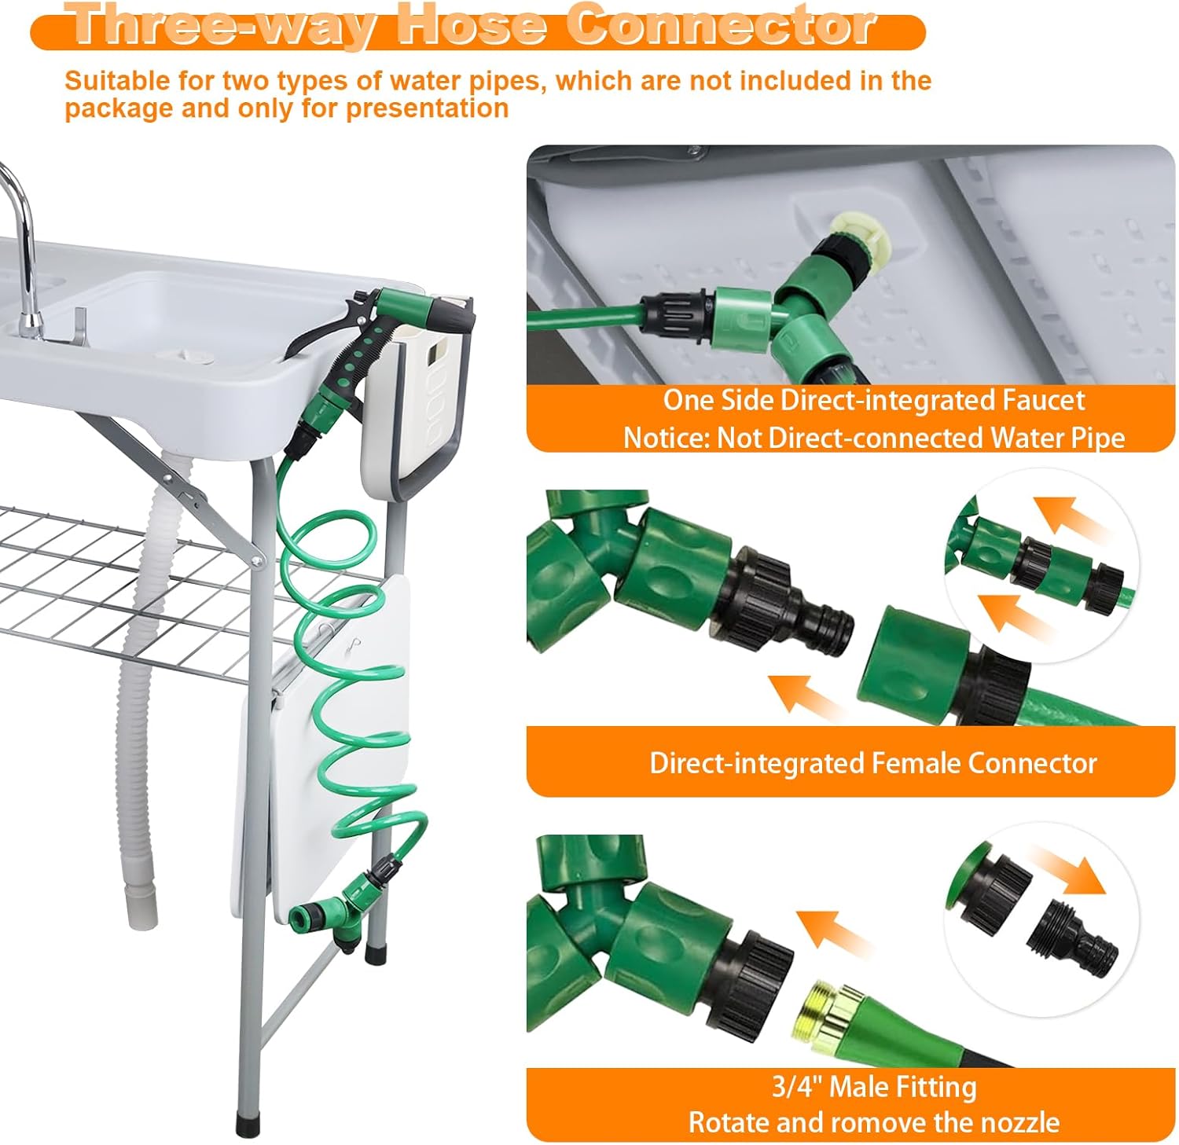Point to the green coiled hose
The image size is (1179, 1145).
click(x=346, y=668)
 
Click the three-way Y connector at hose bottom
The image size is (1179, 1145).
click(x=340, y=916)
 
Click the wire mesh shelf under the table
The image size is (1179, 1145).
click(x=118, y=582)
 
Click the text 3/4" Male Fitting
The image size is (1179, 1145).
click(x=874, y=1087)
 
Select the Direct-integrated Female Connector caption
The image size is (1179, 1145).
click(x=872, y=763)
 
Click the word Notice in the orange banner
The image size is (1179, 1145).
click(x=665, y=438)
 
